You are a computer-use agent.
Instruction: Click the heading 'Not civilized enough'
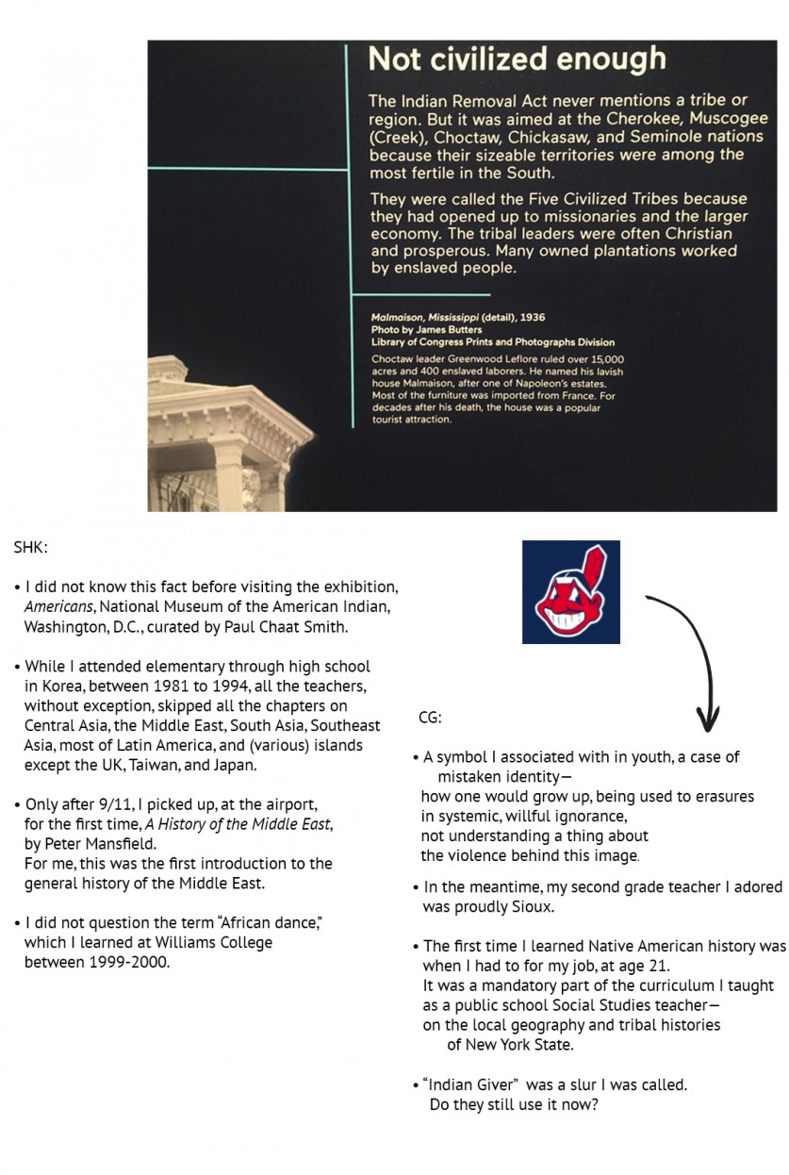tap(517, 59)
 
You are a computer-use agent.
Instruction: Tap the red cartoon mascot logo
tap(571, 593)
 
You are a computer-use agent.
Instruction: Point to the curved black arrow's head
tap(710, 724)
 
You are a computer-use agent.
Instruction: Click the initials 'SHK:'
tap(31, 547)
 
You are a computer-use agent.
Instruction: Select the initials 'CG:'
tap(430, 719)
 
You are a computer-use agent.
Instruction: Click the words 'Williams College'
tap(216, 942)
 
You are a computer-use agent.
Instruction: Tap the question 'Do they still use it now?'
tap(513, 1105)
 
